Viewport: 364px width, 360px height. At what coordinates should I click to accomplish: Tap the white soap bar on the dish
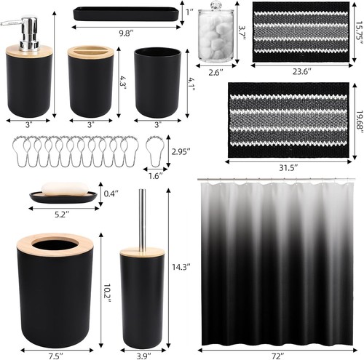coord(62,190)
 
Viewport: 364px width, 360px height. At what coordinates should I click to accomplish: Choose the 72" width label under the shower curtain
coord(277,354)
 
